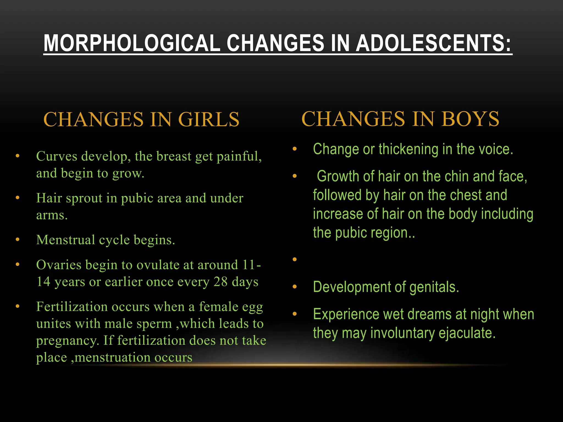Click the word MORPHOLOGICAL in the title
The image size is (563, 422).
coord(132,43)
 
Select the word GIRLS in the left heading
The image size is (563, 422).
coord(209,120)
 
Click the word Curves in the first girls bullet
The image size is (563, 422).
coord(57,156)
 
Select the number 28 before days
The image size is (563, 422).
coord(220,282)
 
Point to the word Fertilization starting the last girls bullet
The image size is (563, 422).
coord(72,307)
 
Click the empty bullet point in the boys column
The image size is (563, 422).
coord(295,259)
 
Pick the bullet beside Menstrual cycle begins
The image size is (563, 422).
coord(18,240)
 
